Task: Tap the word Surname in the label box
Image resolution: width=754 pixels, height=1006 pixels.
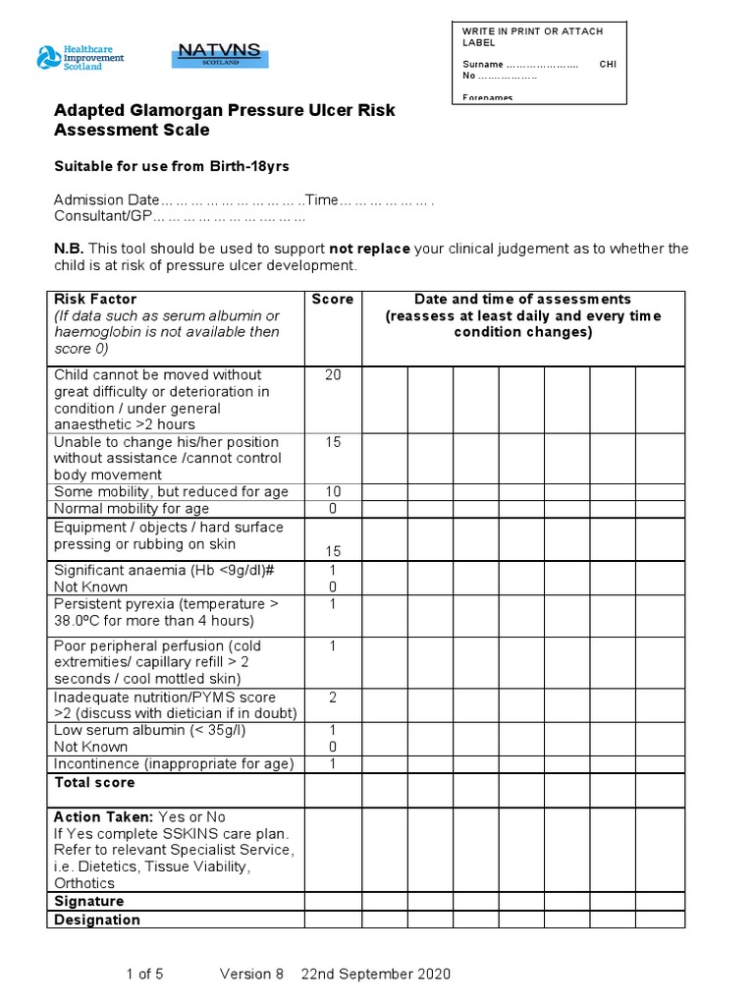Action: [483, 65]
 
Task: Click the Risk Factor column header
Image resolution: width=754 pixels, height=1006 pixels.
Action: [95, 299]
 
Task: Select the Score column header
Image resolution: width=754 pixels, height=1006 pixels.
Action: [333, 299]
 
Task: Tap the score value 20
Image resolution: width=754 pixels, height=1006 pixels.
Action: [333, 374]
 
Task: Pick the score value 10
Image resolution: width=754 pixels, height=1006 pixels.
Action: [333, 491]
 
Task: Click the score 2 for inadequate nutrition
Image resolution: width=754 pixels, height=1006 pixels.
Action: [333, 697]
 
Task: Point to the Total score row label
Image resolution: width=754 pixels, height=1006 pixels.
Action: [94, 782]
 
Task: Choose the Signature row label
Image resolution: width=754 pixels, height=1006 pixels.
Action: [88, 901]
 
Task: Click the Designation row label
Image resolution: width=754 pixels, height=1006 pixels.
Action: [97, 920]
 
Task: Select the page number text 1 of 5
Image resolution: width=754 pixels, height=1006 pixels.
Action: [145, 974]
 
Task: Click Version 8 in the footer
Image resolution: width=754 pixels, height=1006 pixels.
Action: [251, 974]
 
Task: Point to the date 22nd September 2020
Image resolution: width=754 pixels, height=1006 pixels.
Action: [376, 974]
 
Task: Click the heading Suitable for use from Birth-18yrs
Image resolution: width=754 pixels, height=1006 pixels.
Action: [171, 166]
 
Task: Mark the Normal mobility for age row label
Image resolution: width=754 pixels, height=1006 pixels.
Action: [132, 509]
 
